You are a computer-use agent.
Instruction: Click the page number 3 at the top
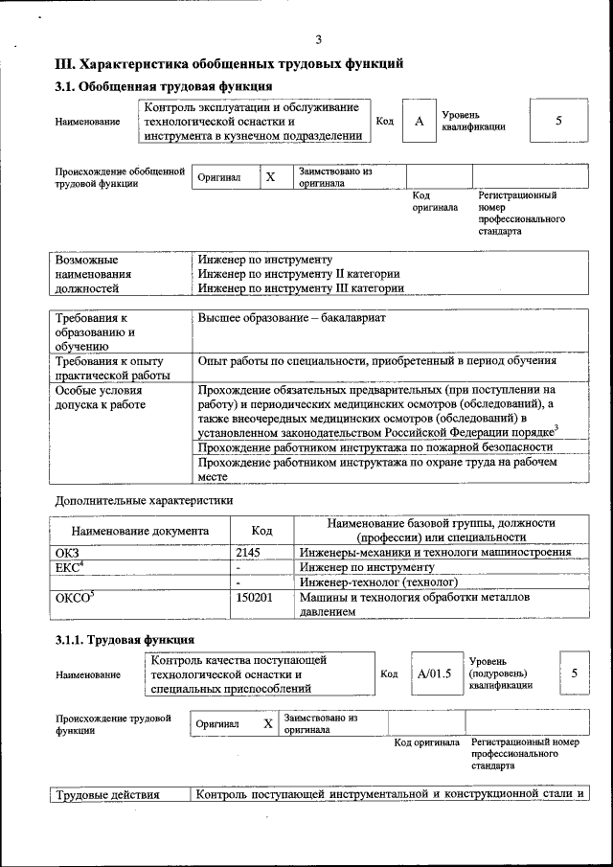(319, 39)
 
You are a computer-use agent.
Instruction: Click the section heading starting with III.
(228, 64)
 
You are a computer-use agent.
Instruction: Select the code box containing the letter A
(419, 122)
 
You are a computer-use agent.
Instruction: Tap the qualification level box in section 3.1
(558, 121)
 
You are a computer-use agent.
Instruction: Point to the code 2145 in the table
(248, 552)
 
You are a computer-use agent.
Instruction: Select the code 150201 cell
(254, 597)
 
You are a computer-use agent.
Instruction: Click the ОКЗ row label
(69, 552)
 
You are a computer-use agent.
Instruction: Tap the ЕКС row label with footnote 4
(72, 567)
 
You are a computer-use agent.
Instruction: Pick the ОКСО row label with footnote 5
(75, 597)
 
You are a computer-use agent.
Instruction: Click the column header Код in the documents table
(261, 530)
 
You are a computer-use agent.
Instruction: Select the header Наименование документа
(140, 530)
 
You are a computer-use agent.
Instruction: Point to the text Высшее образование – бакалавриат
(291, 318)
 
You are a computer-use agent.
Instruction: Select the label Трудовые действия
(106, 794)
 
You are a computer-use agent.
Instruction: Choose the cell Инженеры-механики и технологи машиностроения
(435, 552)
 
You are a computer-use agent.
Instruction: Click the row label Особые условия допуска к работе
(101, 398)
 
